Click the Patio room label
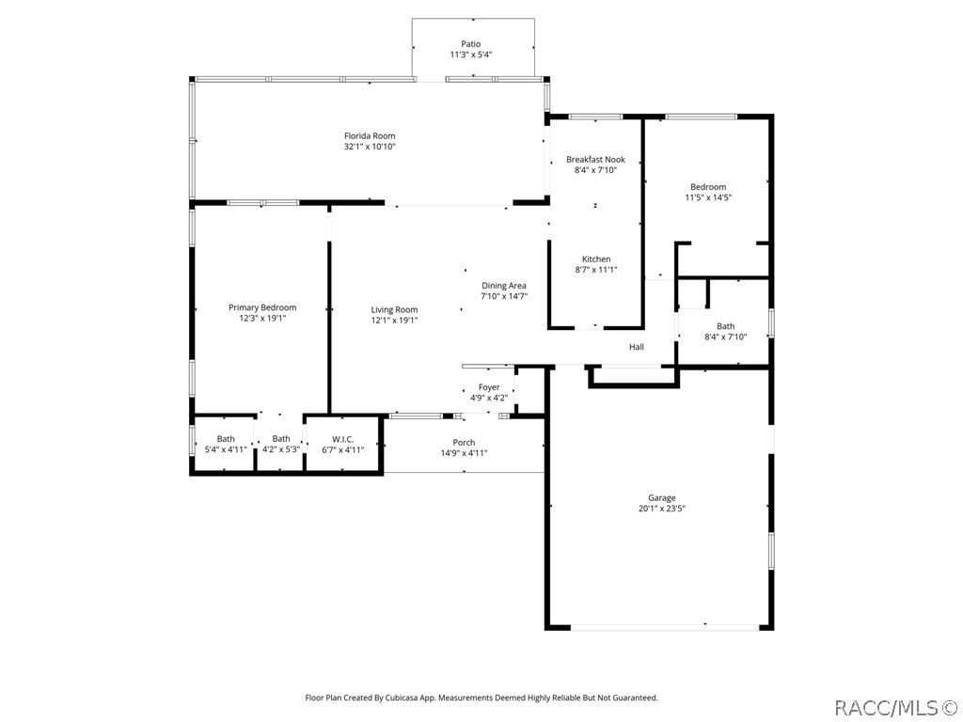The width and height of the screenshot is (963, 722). [x=470, y=43]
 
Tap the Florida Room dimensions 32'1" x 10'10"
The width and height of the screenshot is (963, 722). [x=370, y=147]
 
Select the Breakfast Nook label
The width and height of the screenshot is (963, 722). [x=595, y=160]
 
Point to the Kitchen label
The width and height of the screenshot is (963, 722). [x=596, y=259]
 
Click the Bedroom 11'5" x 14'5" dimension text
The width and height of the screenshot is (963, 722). [x=708, y=197]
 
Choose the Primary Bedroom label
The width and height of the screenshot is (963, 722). [x=262, y=307]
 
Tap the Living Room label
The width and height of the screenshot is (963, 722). [x=394, y=309]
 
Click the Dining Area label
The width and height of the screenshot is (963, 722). [x=504, y=286]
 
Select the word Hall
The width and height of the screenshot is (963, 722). [x=637, y=347]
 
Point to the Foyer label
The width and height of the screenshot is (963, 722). [x=489, y=387]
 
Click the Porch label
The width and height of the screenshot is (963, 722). [x=464, y=442]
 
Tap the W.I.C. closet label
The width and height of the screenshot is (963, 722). [x=342, y=439]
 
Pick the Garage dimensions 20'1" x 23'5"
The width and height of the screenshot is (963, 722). [x=661, y=509]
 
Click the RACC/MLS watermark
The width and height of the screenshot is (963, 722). [x=896, y=706]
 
